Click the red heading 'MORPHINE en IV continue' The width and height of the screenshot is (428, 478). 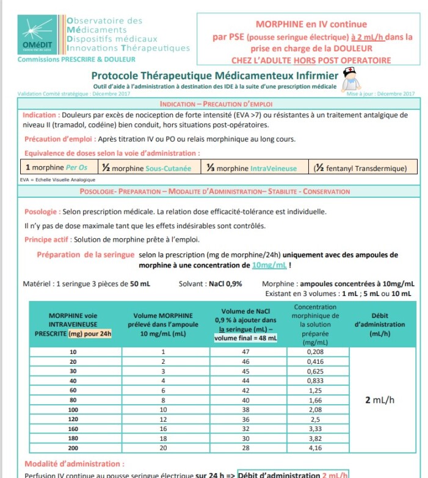coord(311,24)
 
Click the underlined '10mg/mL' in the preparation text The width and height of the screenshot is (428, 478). coord(269,266)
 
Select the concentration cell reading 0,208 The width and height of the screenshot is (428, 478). coord(315,352)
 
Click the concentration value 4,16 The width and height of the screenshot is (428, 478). coord(315,449)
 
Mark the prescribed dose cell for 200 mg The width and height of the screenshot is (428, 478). coord(73,449)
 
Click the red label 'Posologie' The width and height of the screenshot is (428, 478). coord(41,212)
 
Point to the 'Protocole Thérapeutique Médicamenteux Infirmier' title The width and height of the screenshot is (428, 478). coord(214,76)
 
